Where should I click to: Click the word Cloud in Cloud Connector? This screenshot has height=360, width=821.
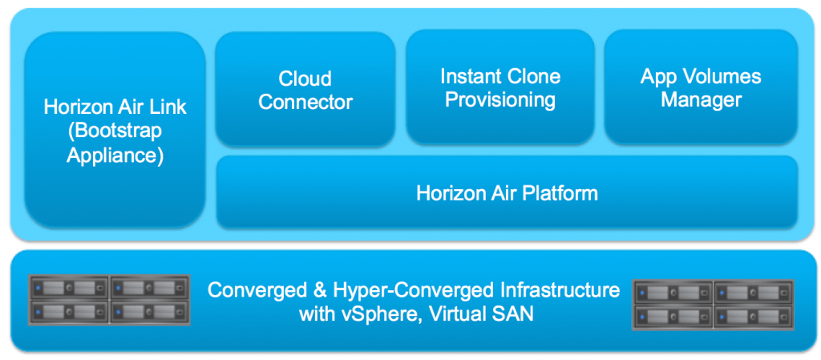click(x=305, y=79)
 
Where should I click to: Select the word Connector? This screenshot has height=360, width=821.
click(x=305, y=102)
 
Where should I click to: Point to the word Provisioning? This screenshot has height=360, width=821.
click(x=500, y=99)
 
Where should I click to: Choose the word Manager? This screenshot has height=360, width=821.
click(x=701, y=99)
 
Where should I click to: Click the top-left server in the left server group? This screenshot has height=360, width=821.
click(x=68, y=286)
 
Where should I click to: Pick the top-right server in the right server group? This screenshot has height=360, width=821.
click(x=754, y=291)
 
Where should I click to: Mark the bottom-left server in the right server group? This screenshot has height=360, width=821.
click(x=673, y=315)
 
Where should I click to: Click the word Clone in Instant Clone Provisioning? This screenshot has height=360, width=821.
click(x=536, y=77)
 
